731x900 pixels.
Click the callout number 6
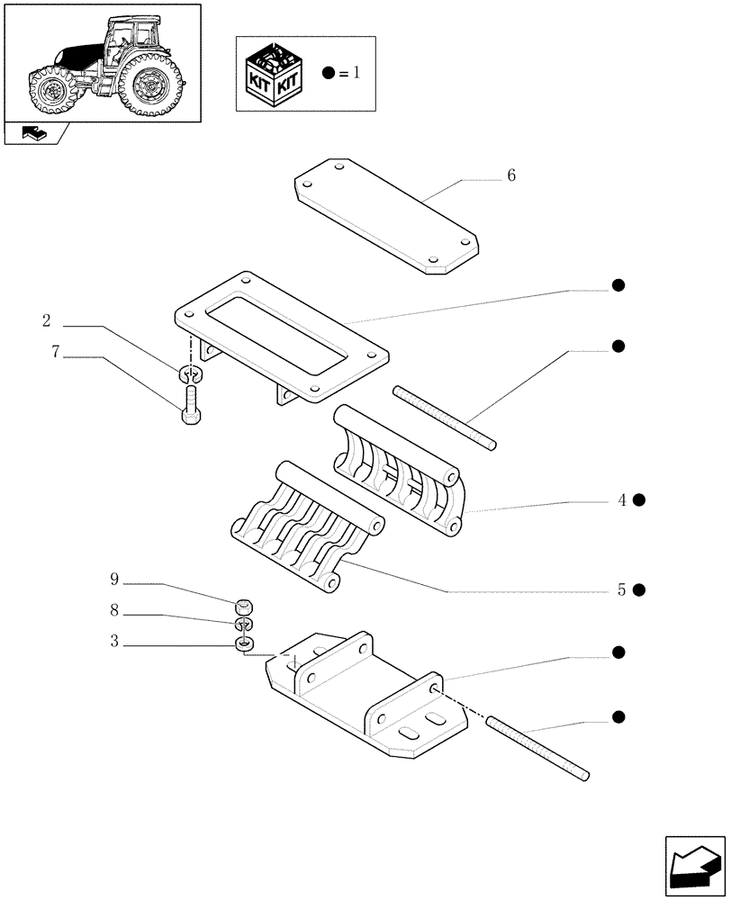[x=511, y=175]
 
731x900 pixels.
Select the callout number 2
[x=46, y=321]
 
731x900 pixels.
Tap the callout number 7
[x=55, y=353]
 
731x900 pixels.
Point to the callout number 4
[x=622, y=500]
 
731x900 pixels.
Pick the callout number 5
[x=622, y=590]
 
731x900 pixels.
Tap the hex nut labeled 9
[x=243, y=605]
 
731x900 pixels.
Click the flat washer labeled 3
[x=244, y=643]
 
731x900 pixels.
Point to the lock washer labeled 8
[x=243, y=624]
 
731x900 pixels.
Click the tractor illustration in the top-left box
[x=101, y=62]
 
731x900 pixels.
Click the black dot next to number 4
[x=639, y=500]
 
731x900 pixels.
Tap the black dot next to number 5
[x=639, y=590]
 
